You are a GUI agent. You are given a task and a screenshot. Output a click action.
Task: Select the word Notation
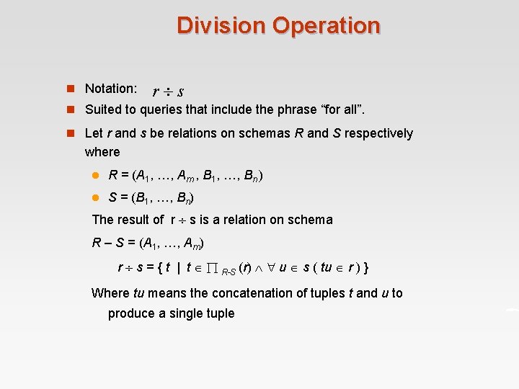coord(111,89)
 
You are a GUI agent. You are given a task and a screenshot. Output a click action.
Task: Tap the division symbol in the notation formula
coord(167,91)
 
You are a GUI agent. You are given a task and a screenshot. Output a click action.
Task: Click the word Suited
coord(102,109)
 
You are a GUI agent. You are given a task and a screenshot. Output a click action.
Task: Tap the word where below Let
coord(102,152)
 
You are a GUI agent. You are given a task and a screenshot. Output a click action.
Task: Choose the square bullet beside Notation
coord(71,89)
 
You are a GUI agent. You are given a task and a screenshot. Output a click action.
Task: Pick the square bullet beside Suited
coord(71,109)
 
